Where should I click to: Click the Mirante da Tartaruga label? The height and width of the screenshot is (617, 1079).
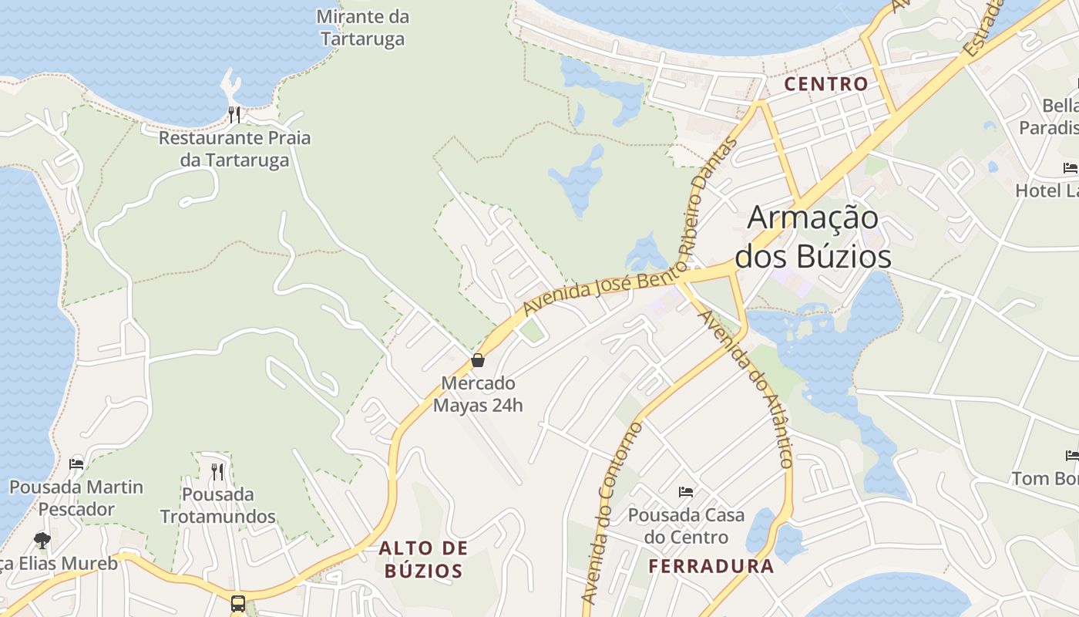point(362,28)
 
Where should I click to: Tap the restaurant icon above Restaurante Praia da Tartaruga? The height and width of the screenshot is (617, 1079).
point(234,115)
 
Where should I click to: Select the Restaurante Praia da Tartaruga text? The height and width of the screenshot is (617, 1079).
point(234,149)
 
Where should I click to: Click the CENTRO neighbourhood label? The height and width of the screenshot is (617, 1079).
point(826,84)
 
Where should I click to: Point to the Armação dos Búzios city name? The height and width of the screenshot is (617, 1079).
point(813,237)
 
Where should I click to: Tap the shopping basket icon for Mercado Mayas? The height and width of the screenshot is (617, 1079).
point(478,360)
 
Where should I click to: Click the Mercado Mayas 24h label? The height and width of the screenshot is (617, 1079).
point(478,393)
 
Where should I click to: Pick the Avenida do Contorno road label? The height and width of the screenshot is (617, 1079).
point(611,512)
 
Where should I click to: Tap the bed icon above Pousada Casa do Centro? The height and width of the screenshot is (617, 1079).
point(686,492)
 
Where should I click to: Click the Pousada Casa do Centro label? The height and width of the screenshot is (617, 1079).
point(686,525)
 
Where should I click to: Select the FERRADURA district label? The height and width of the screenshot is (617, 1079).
point(711,566)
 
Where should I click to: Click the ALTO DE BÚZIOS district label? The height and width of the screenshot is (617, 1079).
point(423,559)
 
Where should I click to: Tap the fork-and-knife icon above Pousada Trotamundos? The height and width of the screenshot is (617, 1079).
point(217,470)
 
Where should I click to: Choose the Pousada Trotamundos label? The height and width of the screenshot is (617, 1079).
point(217,504)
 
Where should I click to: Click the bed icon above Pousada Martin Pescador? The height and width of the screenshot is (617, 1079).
point(76,464)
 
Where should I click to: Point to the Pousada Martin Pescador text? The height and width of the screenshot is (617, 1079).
point(76,497)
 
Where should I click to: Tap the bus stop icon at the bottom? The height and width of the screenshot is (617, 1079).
point(238,603)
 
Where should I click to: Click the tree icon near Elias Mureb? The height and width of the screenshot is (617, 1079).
point(42,541)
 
